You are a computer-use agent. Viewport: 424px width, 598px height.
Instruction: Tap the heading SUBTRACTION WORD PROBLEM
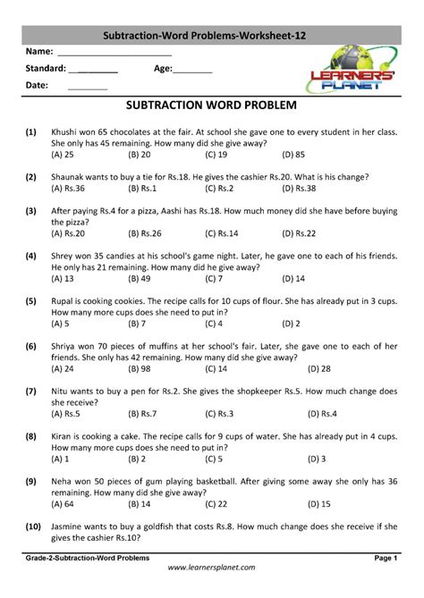click(x=211, y=105)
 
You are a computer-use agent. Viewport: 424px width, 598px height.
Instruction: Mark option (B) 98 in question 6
click(x=139, y=368)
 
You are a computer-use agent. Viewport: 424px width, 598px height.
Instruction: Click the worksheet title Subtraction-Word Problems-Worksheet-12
click(x=211, y=34)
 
